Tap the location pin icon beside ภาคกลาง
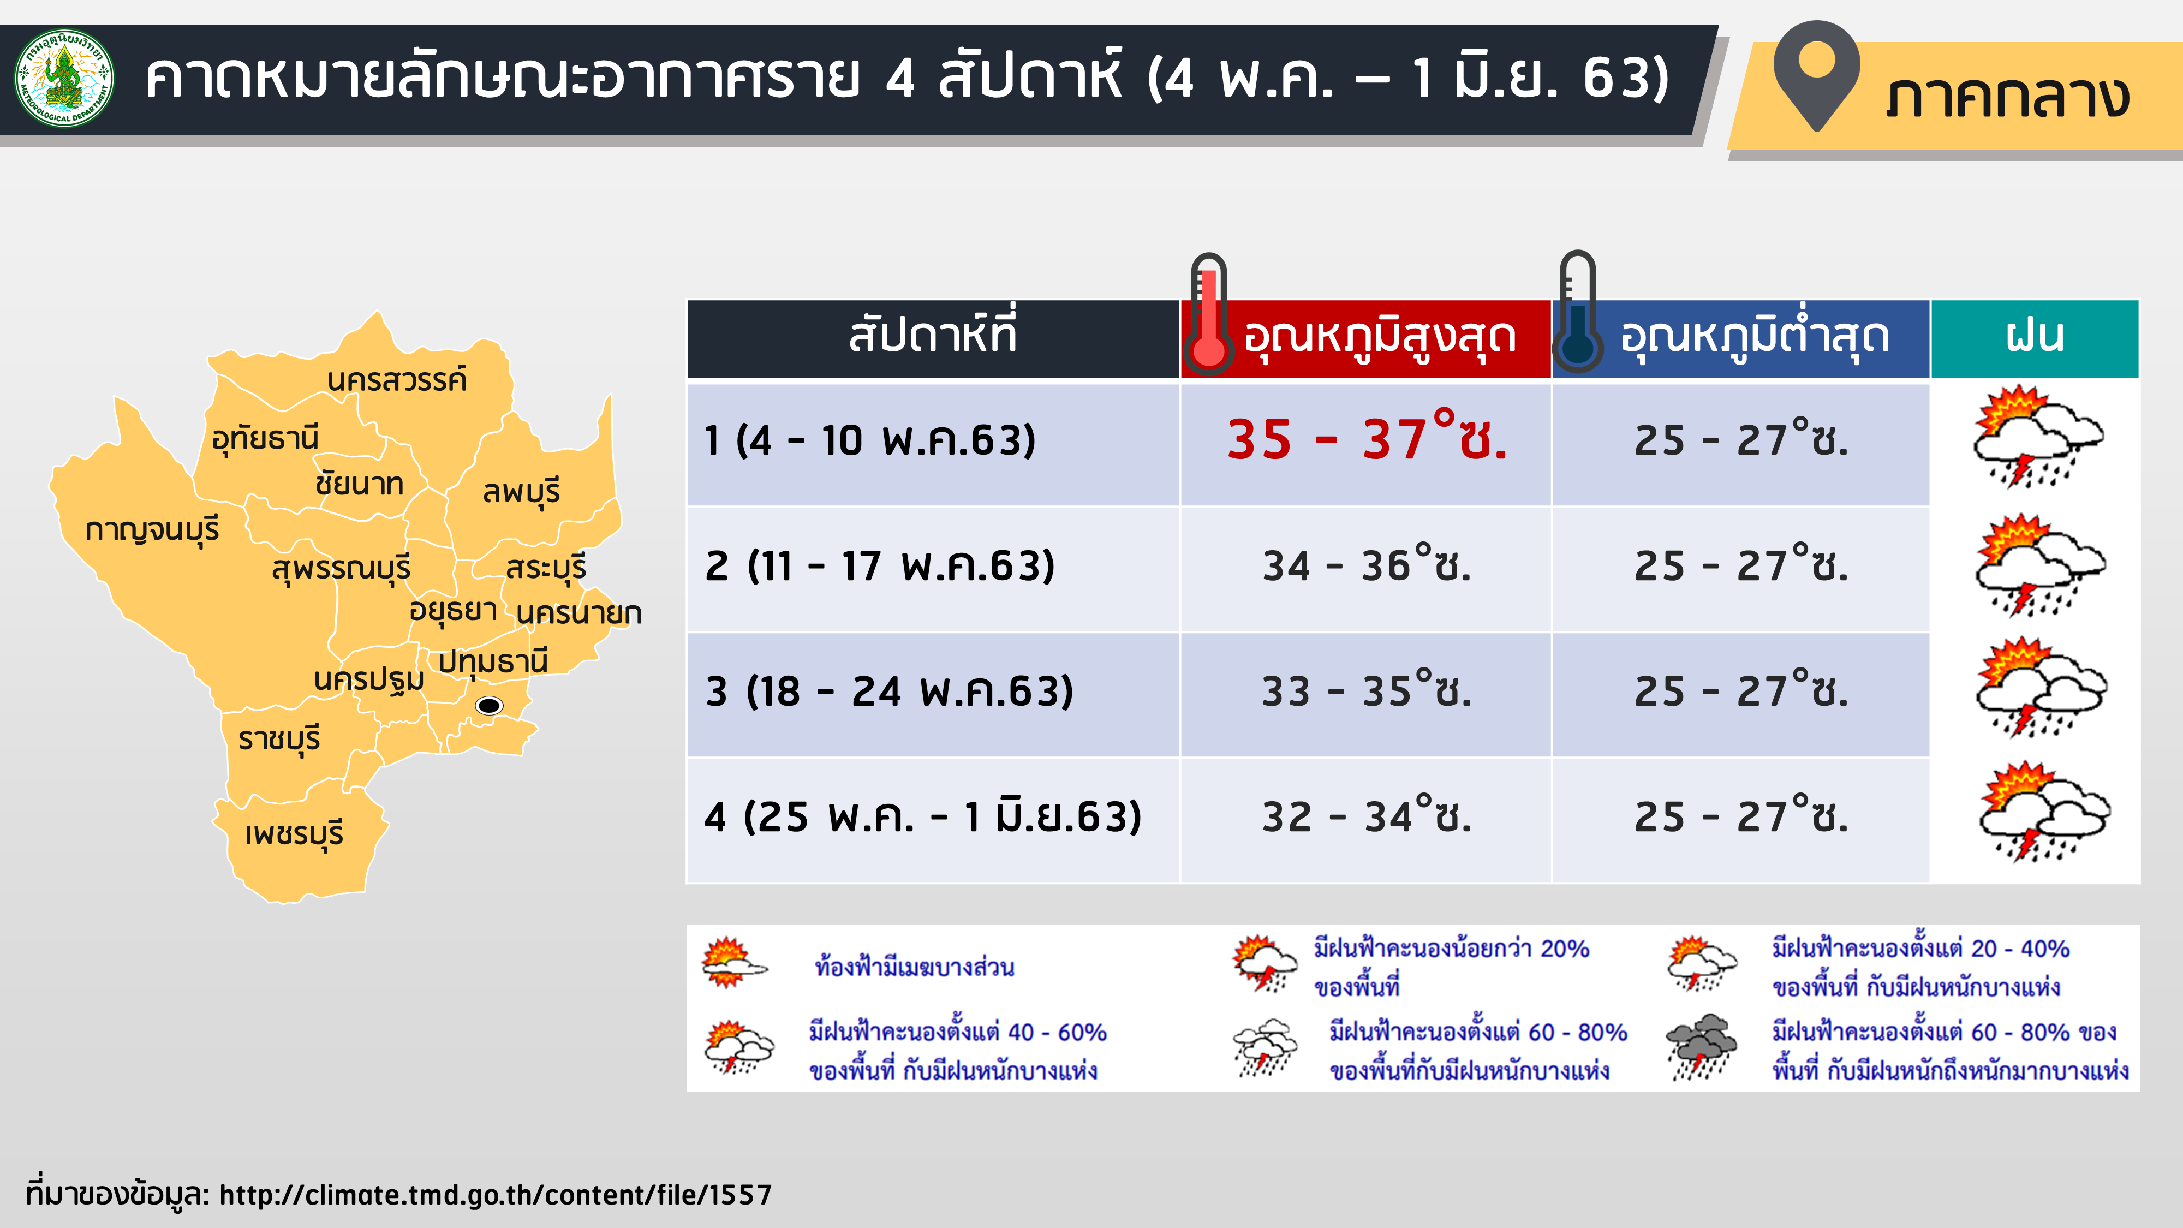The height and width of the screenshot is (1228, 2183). [1816, 75]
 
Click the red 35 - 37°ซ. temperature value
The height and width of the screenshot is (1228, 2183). [1367, 437]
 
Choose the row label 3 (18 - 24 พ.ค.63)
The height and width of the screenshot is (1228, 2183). [889, 692]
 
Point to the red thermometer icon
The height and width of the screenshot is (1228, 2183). [1208, 314]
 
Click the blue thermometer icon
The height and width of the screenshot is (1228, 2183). [1577, 312]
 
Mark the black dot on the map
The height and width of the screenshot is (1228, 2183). [489, 705]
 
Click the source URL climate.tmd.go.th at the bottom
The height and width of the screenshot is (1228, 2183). [496, 1194]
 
